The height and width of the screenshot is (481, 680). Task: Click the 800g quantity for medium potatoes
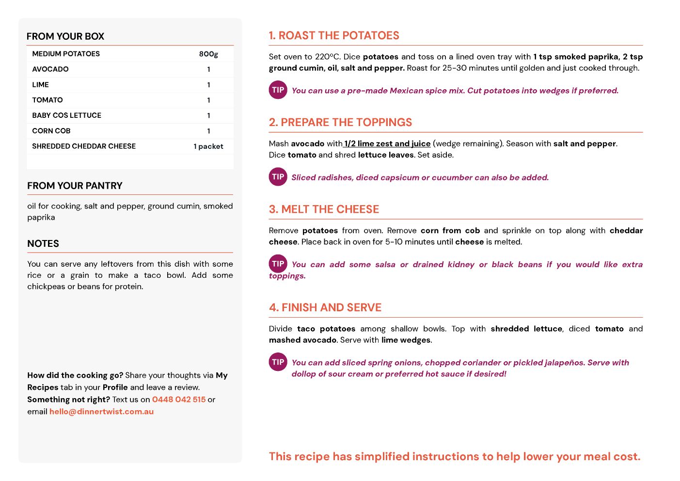(208, 54)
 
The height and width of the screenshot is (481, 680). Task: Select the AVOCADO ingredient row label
(50, 69)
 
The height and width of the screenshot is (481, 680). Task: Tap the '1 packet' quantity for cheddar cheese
(208, 146)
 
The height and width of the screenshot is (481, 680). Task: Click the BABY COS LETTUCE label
(67, 115)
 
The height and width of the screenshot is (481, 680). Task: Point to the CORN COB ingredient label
(51, 131)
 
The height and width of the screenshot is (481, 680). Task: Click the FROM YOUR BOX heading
(65, 36)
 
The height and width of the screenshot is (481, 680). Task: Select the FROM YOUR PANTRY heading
(75, 186)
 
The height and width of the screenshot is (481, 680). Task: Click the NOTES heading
(43, 243)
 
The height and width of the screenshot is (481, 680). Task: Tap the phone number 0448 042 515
(179, 400)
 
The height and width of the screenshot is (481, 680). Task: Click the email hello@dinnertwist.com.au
(101, 412)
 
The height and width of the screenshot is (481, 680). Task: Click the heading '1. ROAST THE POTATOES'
(334, 35)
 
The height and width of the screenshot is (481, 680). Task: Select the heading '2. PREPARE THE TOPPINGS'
(340, 122)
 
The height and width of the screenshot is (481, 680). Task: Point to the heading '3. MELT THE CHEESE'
(324, 209)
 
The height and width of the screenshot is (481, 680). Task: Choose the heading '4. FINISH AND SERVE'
(325, 307)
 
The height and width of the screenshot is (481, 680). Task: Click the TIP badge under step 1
(278, 90)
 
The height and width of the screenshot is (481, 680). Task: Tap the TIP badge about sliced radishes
(278, 176)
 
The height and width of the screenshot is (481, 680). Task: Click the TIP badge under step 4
(278, 362)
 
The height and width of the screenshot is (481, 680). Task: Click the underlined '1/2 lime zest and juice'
(387, 144)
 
